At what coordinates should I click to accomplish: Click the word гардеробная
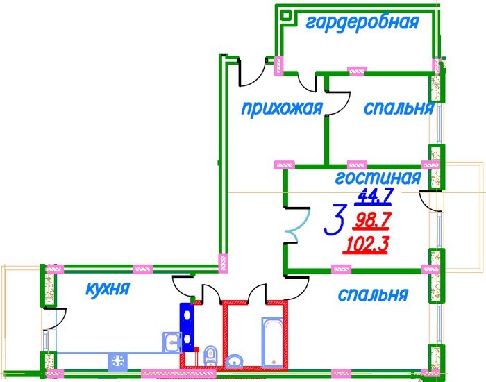(362, 22)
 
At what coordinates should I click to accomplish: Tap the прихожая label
(282, 108)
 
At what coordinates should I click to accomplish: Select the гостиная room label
(378, 178)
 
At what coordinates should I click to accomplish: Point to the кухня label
(108, 289)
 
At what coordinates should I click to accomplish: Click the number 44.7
(374, 197)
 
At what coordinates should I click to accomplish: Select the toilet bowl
(210, 354)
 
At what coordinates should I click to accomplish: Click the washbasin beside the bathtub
(235, 360)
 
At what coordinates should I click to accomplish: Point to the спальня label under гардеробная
(399, 109)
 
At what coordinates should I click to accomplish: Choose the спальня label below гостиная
(372, 295)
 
